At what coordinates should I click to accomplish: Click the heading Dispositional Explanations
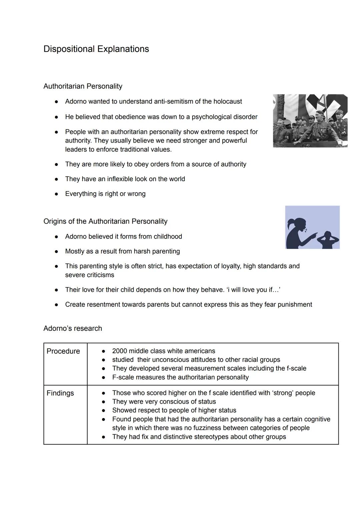[x=96, y=49]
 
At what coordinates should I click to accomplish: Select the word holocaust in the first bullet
[x=228, y=101]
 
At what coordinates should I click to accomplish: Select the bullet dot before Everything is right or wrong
[x=57, y=194]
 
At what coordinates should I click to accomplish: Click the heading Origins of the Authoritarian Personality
[x=105, y=221]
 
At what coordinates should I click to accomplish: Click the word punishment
[x=295, y=304]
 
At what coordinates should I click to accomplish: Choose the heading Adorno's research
[x=73, y=328]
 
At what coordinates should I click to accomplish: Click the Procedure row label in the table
[x=63, y=351]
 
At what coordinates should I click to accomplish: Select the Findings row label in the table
[x=60, y=393]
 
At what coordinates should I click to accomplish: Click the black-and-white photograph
[x=310, y=121]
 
